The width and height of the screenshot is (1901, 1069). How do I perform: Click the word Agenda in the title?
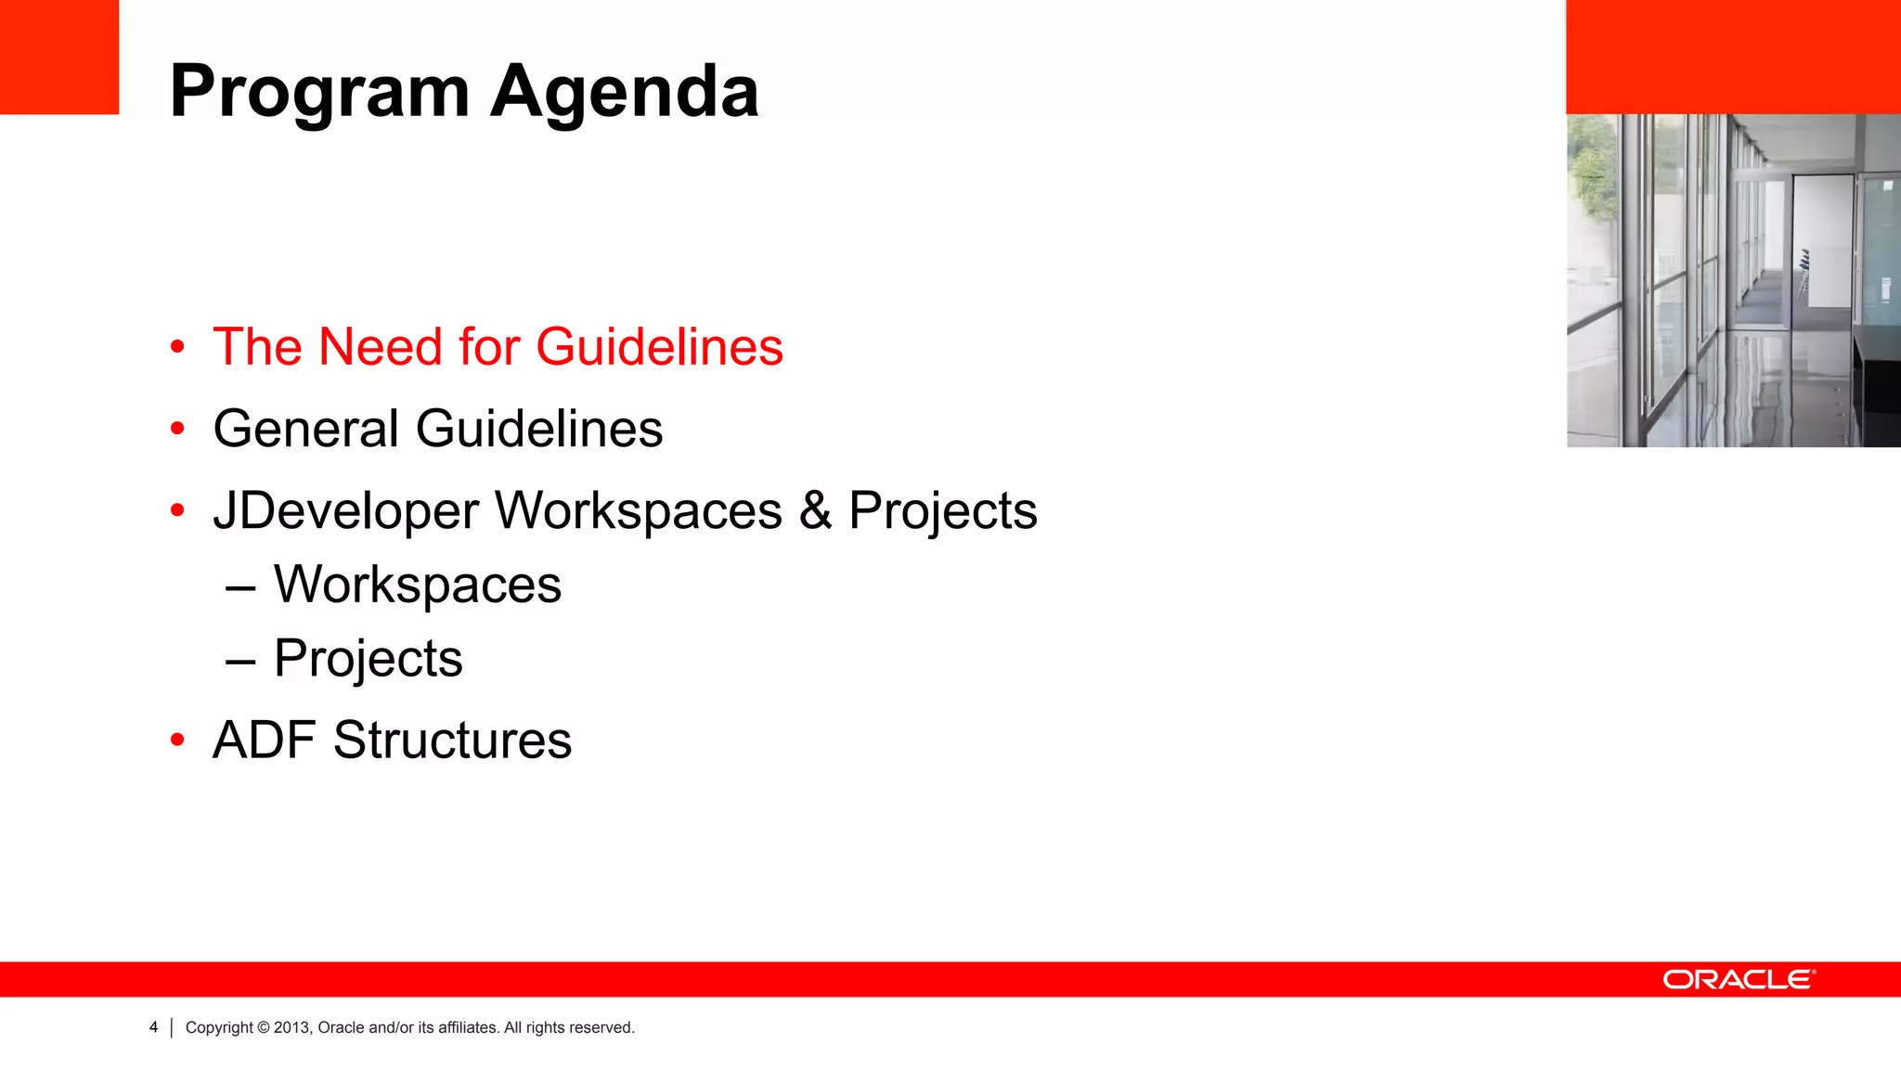(625, 92)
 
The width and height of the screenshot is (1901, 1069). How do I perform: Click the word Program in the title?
(319, 92)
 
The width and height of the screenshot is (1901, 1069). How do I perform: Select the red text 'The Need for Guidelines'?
(498, 347)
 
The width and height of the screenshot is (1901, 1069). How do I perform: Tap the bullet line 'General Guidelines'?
(437, 429)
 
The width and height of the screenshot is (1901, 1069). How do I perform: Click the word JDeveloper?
(345, 510)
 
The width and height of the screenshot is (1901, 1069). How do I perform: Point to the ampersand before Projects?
(815, 510)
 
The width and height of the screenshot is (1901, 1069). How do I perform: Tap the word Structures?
(452, 741)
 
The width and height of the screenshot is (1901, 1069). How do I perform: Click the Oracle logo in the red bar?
(1739, 980)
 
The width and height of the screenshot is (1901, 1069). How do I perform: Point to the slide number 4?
(154, 1027)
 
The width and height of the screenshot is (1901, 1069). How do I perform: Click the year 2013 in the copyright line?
(291, 1027)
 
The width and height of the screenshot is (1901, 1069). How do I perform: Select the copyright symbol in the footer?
(264, 1027)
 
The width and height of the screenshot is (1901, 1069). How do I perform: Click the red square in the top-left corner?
(59, 57)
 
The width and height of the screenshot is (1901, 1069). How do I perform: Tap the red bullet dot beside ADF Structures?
(177, 741)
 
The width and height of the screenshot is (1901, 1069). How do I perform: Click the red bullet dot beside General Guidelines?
(177, 429)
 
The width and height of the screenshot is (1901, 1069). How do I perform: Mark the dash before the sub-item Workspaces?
(240, 586)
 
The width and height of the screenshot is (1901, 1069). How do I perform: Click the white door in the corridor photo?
(1822, 251)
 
